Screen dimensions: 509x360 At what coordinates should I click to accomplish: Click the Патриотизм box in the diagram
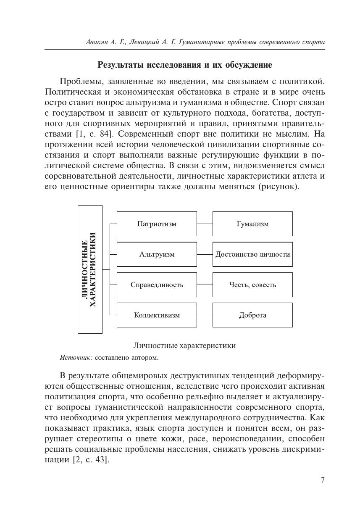tap(157, 224)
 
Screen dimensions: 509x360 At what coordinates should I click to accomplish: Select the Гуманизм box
tap(252, 224)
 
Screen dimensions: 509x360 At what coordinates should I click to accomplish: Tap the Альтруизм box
tap(157, 254)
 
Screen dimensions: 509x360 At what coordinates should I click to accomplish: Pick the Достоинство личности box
tap(252, 254)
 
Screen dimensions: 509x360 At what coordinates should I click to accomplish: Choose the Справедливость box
tap(157, 285)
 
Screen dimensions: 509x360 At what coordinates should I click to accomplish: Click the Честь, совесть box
tap(252, 285)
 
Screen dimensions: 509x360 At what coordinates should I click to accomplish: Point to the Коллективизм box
tap(157, 315)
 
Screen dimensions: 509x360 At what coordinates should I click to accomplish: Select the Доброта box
tap(252, 315)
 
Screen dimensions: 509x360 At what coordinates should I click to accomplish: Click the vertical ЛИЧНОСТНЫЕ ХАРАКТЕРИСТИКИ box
tap(90, 269)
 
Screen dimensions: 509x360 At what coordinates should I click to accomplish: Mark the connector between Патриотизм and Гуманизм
tap(205, 224)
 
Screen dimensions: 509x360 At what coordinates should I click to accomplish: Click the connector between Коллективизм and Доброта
tap(205, 315)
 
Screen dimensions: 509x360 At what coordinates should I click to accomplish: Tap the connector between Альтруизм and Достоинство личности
tap(205, 254)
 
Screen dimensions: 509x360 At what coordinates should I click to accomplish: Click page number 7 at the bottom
tap(323, 480)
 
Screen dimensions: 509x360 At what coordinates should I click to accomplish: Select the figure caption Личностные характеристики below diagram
tap(184, 345)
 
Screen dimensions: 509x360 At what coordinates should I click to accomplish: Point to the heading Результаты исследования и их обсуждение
tap(184, 65)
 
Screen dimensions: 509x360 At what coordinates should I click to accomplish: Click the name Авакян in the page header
tap(99, 42)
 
